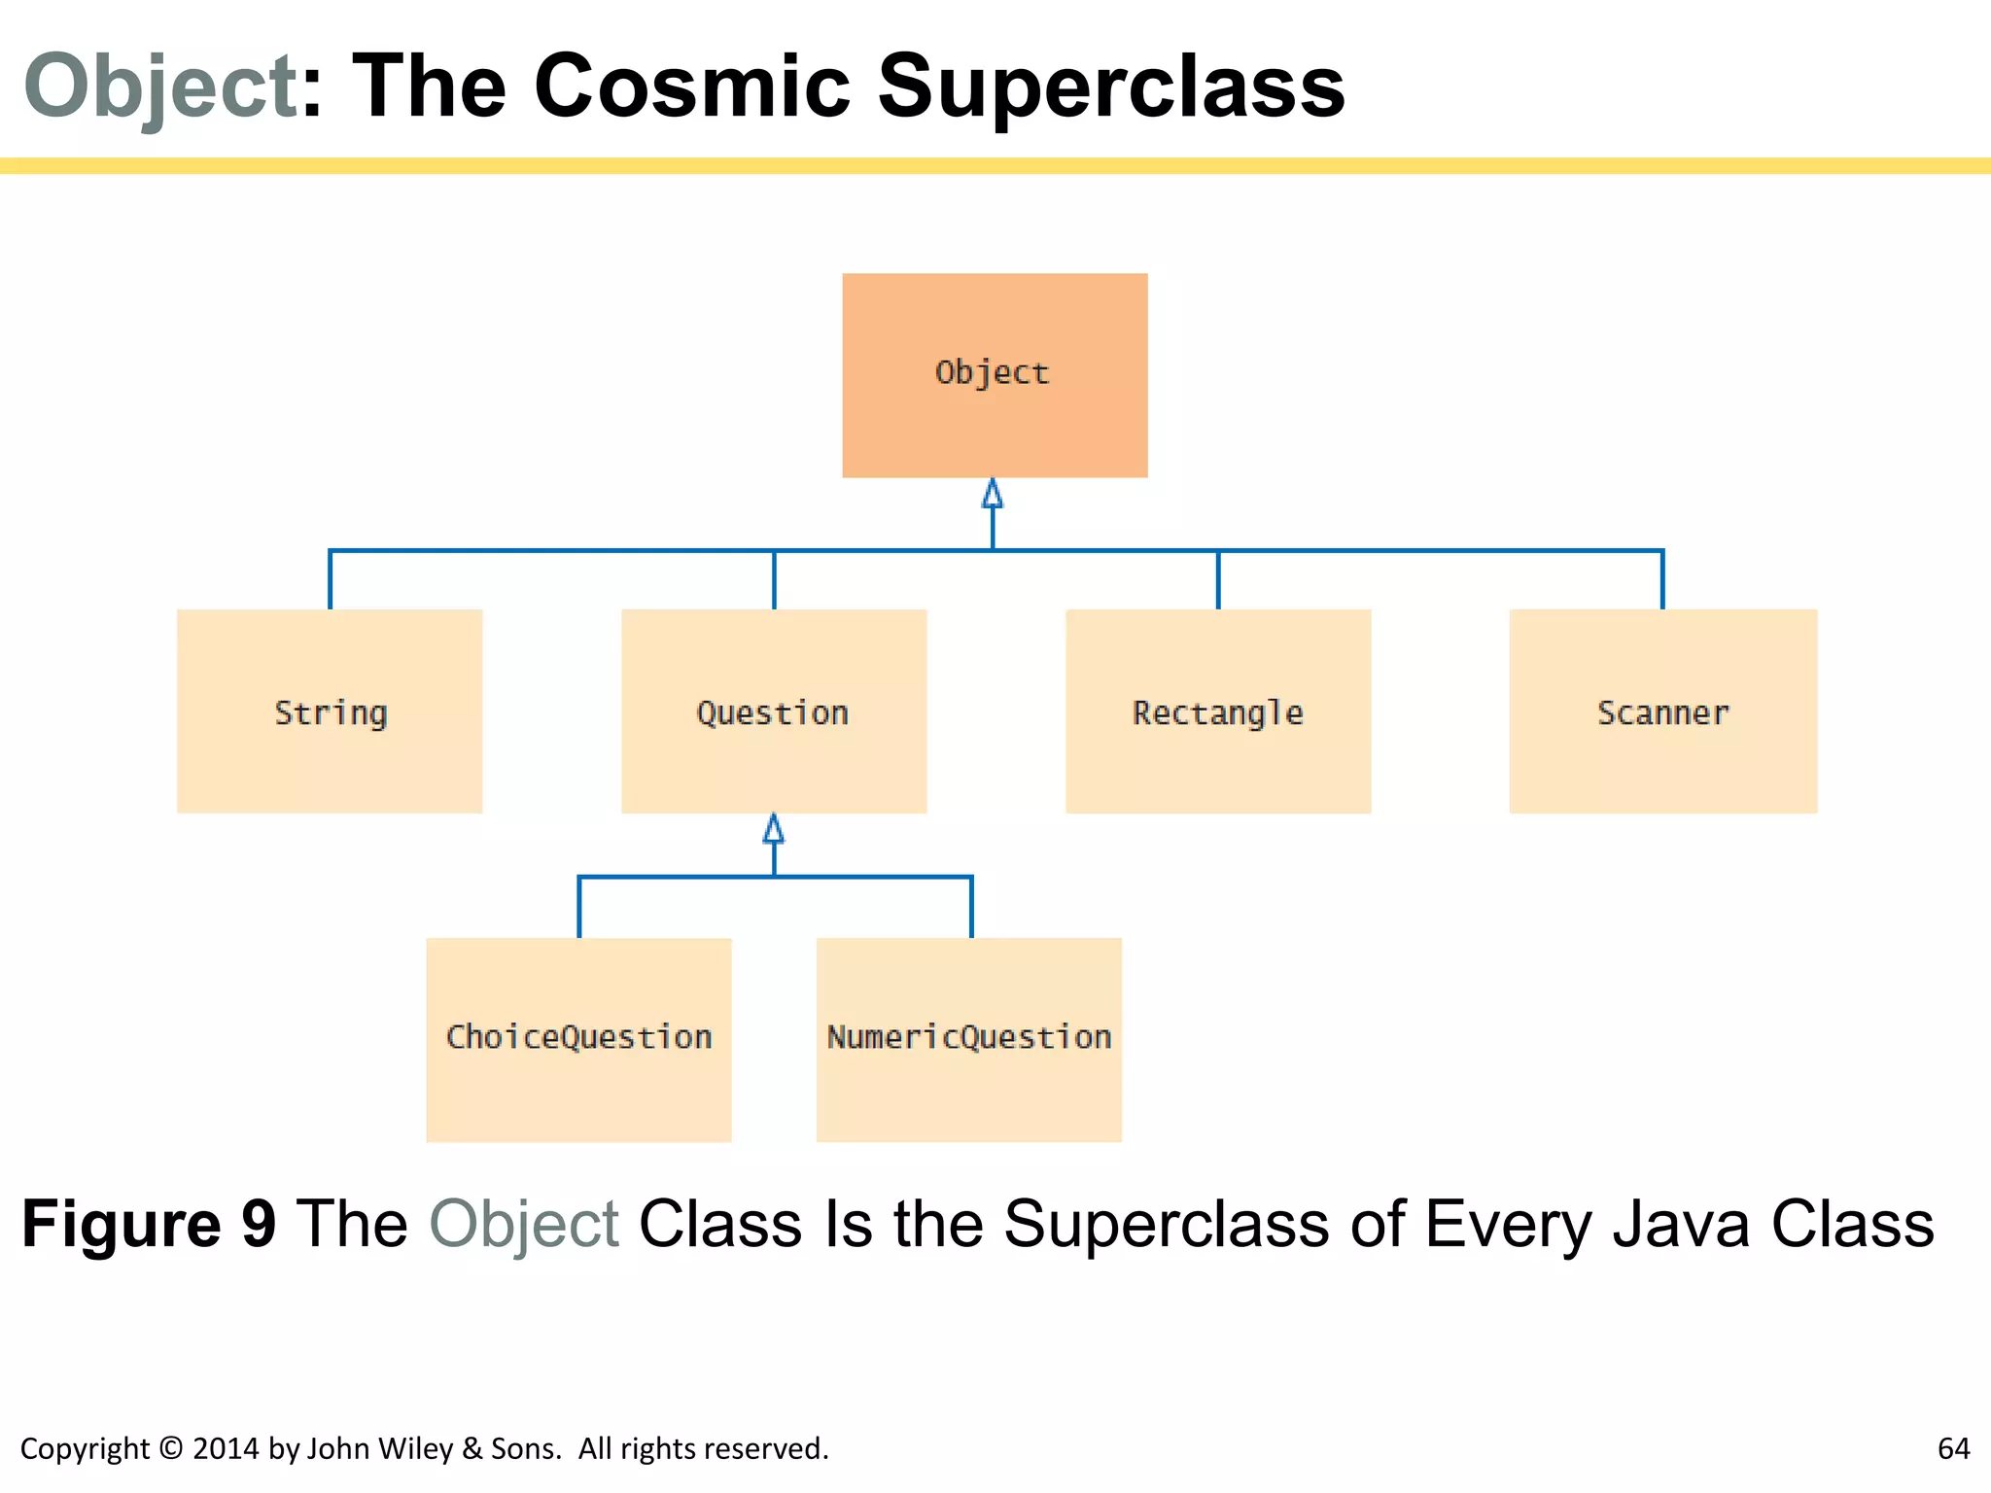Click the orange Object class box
click(995, 375)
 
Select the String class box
click(330, 712)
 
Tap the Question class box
click(774, 712)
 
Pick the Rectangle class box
click(1218, 712)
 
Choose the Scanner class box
click(1662, 712)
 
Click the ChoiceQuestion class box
click(578, 1039)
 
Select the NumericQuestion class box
click(969, 1039)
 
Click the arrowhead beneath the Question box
click(774, 829)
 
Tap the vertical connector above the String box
click(331, 580)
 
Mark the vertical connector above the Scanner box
click(1662, 580)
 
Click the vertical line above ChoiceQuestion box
click(579, 908)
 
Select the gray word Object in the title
click(160, 87)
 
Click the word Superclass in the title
click(1110, 87)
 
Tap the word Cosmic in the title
click(691, 87)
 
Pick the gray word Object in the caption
click(524, 1225)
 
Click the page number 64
click(1953, 1448)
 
